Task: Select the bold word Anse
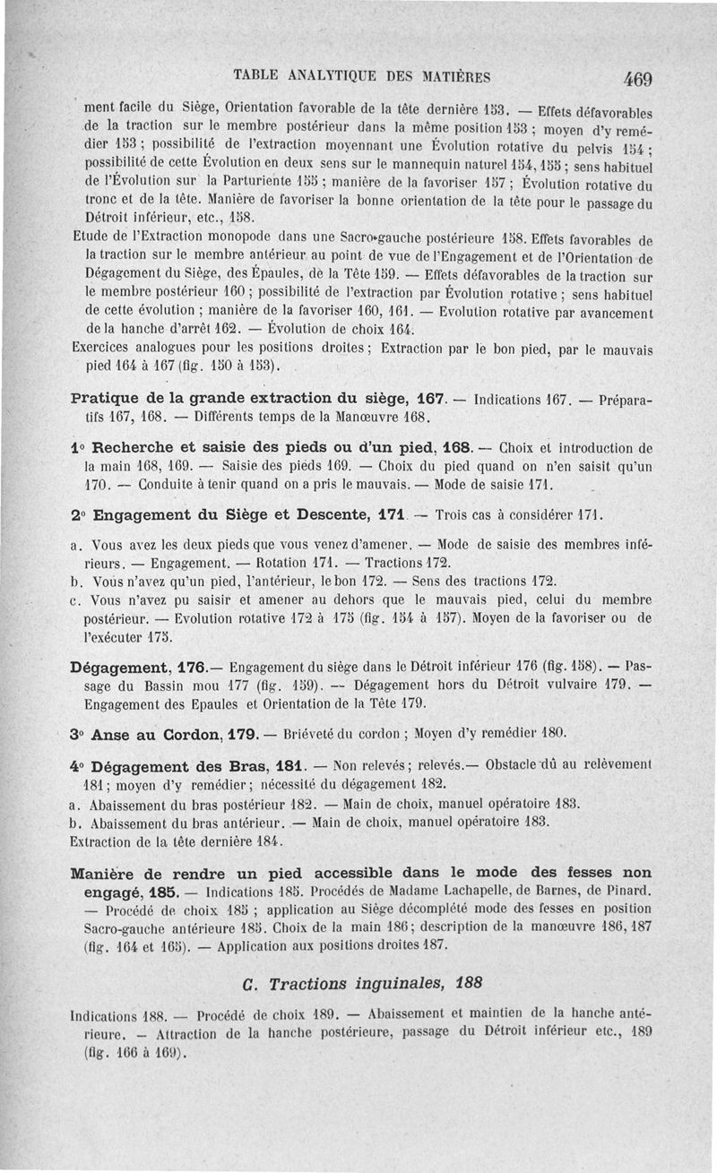point(113,735)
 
